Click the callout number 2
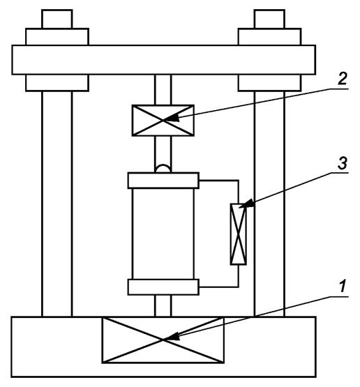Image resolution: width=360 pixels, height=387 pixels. [x=343, y=79]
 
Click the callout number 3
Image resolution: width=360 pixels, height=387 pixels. [x=343, y=163]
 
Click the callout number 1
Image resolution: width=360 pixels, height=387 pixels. [x=343, y=286]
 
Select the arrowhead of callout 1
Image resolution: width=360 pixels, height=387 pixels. [x=171, y=337]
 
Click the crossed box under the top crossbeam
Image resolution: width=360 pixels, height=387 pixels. [x=163, y=121]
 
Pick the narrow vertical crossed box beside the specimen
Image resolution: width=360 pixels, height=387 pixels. [x=239, y=234]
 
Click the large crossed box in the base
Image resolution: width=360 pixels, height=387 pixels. [x=163, y=340]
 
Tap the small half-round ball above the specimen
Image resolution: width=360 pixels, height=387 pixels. [x=163, y=168]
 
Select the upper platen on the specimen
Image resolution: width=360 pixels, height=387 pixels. [x=163, y=181]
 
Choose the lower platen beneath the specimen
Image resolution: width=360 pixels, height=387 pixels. [x=163, y=287]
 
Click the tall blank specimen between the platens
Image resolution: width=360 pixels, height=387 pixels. [x=163, y=234]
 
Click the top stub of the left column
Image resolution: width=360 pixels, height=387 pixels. [x=57, y=19]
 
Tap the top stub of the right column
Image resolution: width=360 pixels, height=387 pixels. [x=269, y=19]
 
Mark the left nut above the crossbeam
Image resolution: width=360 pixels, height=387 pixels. [x=57, y=37]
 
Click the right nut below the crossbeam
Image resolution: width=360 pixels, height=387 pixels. [x=269, y=83]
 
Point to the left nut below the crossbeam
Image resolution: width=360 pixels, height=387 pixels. [x=57, y=83]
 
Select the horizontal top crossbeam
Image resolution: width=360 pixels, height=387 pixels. [x=164, y=60]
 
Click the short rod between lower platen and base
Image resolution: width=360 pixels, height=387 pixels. [x=163, y=306]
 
